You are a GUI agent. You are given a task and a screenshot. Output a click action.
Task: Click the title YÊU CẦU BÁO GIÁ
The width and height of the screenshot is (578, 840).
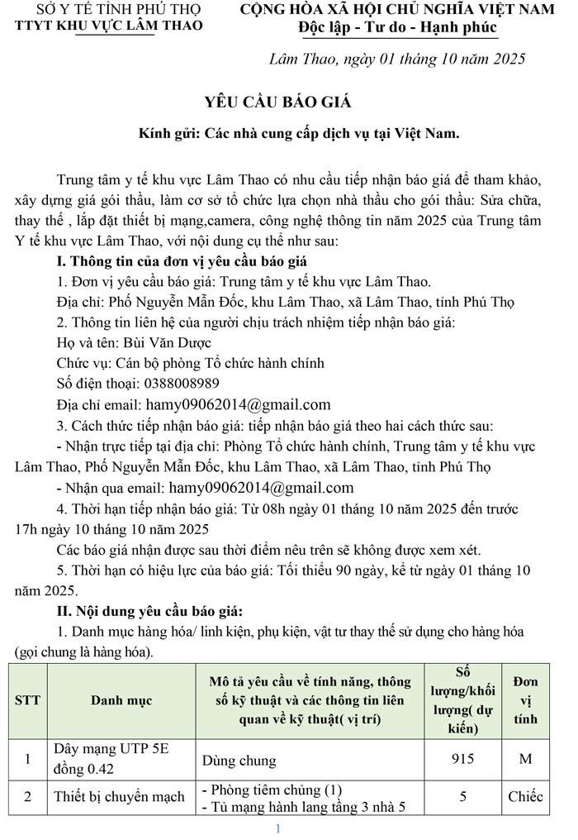(277, 102)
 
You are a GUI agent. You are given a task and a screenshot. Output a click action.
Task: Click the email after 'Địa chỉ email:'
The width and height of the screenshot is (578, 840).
(238, 405)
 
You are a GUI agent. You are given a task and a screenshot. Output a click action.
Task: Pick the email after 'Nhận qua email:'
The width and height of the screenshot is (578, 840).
(261, 488)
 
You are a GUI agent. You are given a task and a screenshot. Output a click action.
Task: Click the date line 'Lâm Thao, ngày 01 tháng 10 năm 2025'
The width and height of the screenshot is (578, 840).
(397, 60)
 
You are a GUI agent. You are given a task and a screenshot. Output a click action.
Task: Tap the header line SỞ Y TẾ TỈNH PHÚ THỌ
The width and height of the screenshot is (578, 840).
(107, 10)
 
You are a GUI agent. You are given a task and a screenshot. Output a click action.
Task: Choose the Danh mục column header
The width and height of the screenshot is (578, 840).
(121, 700)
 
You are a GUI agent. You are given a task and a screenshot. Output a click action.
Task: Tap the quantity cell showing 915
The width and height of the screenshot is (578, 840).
(462, 758)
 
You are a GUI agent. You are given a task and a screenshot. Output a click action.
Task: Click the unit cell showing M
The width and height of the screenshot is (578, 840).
(525, 758)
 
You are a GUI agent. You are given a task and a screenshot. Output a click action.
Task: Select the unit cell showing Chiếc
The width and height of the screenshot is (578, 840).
(525, 797)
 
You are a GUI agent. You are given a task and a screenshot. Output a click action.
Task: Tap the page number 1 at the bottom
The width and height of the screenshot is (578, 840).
(278, 828)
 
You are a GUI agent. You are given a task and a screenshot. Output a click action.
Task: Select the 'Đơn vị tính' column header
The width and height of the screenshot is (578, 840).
(525, 700)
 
